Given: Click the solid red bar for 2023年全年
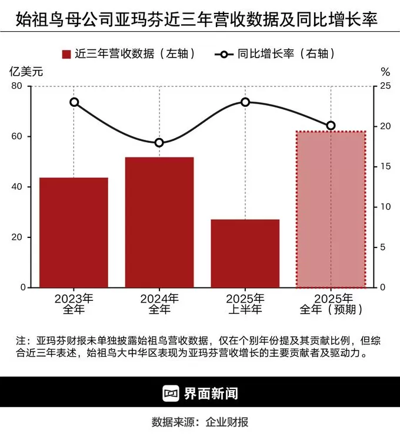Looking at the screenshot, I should (x=74, y=233).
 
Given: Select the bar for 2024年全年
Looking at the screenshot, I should (x=159, y=222).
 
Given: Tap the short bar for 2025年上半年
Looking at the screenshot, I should (x=245, y=253).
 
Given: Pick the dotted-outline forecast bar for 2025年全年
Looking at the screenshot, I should (x=331, y=209).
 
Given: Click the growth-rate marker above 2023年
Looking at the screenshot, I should (x=74, y=102).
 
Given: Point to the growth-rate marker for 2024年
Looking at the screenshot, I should (x=159, y=143).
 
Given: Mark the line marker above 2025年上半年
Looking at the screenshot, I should (x=245, y=102).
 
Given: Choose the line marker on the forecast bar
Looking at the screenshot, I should (x=331, y=126).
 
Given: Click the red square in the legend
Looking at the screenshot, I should (x=66, y=54).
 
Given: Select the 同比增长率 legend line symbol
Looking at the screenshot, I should (x=224, y=54).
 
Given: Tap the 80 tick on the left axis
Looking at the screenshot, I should (x=16, y=86).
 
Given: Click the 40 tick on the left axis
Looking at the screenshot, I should (x=16, y=187).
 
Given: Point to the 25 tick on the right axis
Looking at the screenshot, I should (x=386, y=86).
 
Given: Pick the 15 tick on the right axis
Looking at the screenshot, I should (x=386, y=167).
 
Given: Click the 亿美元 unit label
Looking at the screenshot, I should (x=26, y=72).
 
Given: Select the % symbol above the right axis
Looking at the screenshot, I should (x=385, y=72).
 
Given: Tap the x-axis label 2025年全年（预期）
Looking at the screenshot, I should (x=331, y=303).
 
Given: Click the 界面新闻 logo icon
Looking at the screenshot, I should (x=171, y=393).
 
